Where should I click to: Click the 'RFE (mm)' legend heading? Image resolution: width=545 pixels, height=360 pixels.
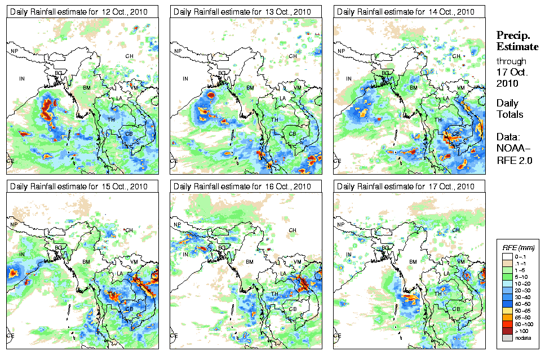coord(519,247)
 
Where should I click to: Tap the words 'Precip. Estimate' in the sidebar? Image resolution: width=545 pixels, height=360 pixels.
coord(517,40)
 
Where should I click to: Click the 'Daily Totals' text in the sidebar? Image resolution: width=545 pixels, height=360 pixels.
coord(509,109)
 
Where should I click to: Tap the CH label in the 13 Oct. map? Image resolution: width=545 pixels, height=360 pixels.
coord(293,56)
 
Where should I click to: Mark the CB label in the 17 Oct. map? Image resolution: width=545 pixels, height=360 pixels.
coord(456,308)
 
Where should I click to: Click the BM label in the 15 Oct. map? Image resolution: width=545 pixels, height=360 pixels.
coord(86,262)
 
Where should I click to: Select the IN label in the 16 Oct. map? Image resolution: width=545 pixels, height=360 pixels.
coord(185,254)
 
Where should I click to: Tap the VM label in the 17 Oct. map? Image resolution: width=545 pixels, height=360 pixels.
coord(460,262)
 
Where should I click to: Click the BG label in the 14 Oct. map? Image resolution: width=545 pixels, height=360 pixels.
coord(386,73)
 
